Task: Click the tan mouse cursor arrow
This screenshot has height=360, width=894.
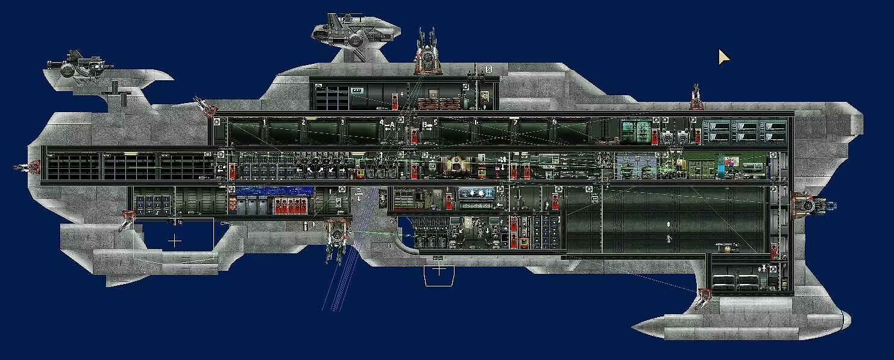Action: [x=723, y=57]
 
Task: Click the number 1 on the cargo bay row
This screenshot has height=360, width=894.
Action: [x=264, y=122]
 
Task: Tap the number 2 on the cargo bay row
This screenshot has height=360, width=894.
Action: [x=303, y=122]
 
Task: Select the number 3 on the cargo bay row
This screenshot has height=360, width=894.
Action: [x=342, y=122]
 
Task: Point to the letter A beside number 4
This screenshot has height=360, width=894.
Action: [x=391, y=125]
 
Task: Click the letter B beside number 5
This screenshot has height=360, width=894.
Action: [x=424, y=125]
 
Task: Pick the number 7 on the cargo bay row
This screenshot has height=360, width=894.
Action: [x=515, y=122]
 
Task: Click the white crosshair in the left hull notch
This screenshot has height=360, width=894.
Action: [x=174, y=241]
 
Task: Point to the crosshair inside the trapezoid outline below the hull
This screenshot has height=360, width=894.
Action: [x=439, y=270]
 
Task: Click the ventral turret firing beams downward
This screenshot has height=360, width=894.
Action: [x=336, y=238]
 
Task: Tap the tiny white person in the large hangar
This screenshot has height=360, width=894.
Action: [x=668, y=239]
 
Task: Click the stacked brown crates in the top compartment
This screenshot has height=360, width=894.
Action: [x=438, y=103]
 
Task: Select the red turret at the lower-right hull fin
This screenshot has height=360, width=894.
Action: [x=704, y=297]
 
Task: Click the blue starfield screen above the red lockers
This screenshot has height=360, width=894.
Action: [x=274, y=192]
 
